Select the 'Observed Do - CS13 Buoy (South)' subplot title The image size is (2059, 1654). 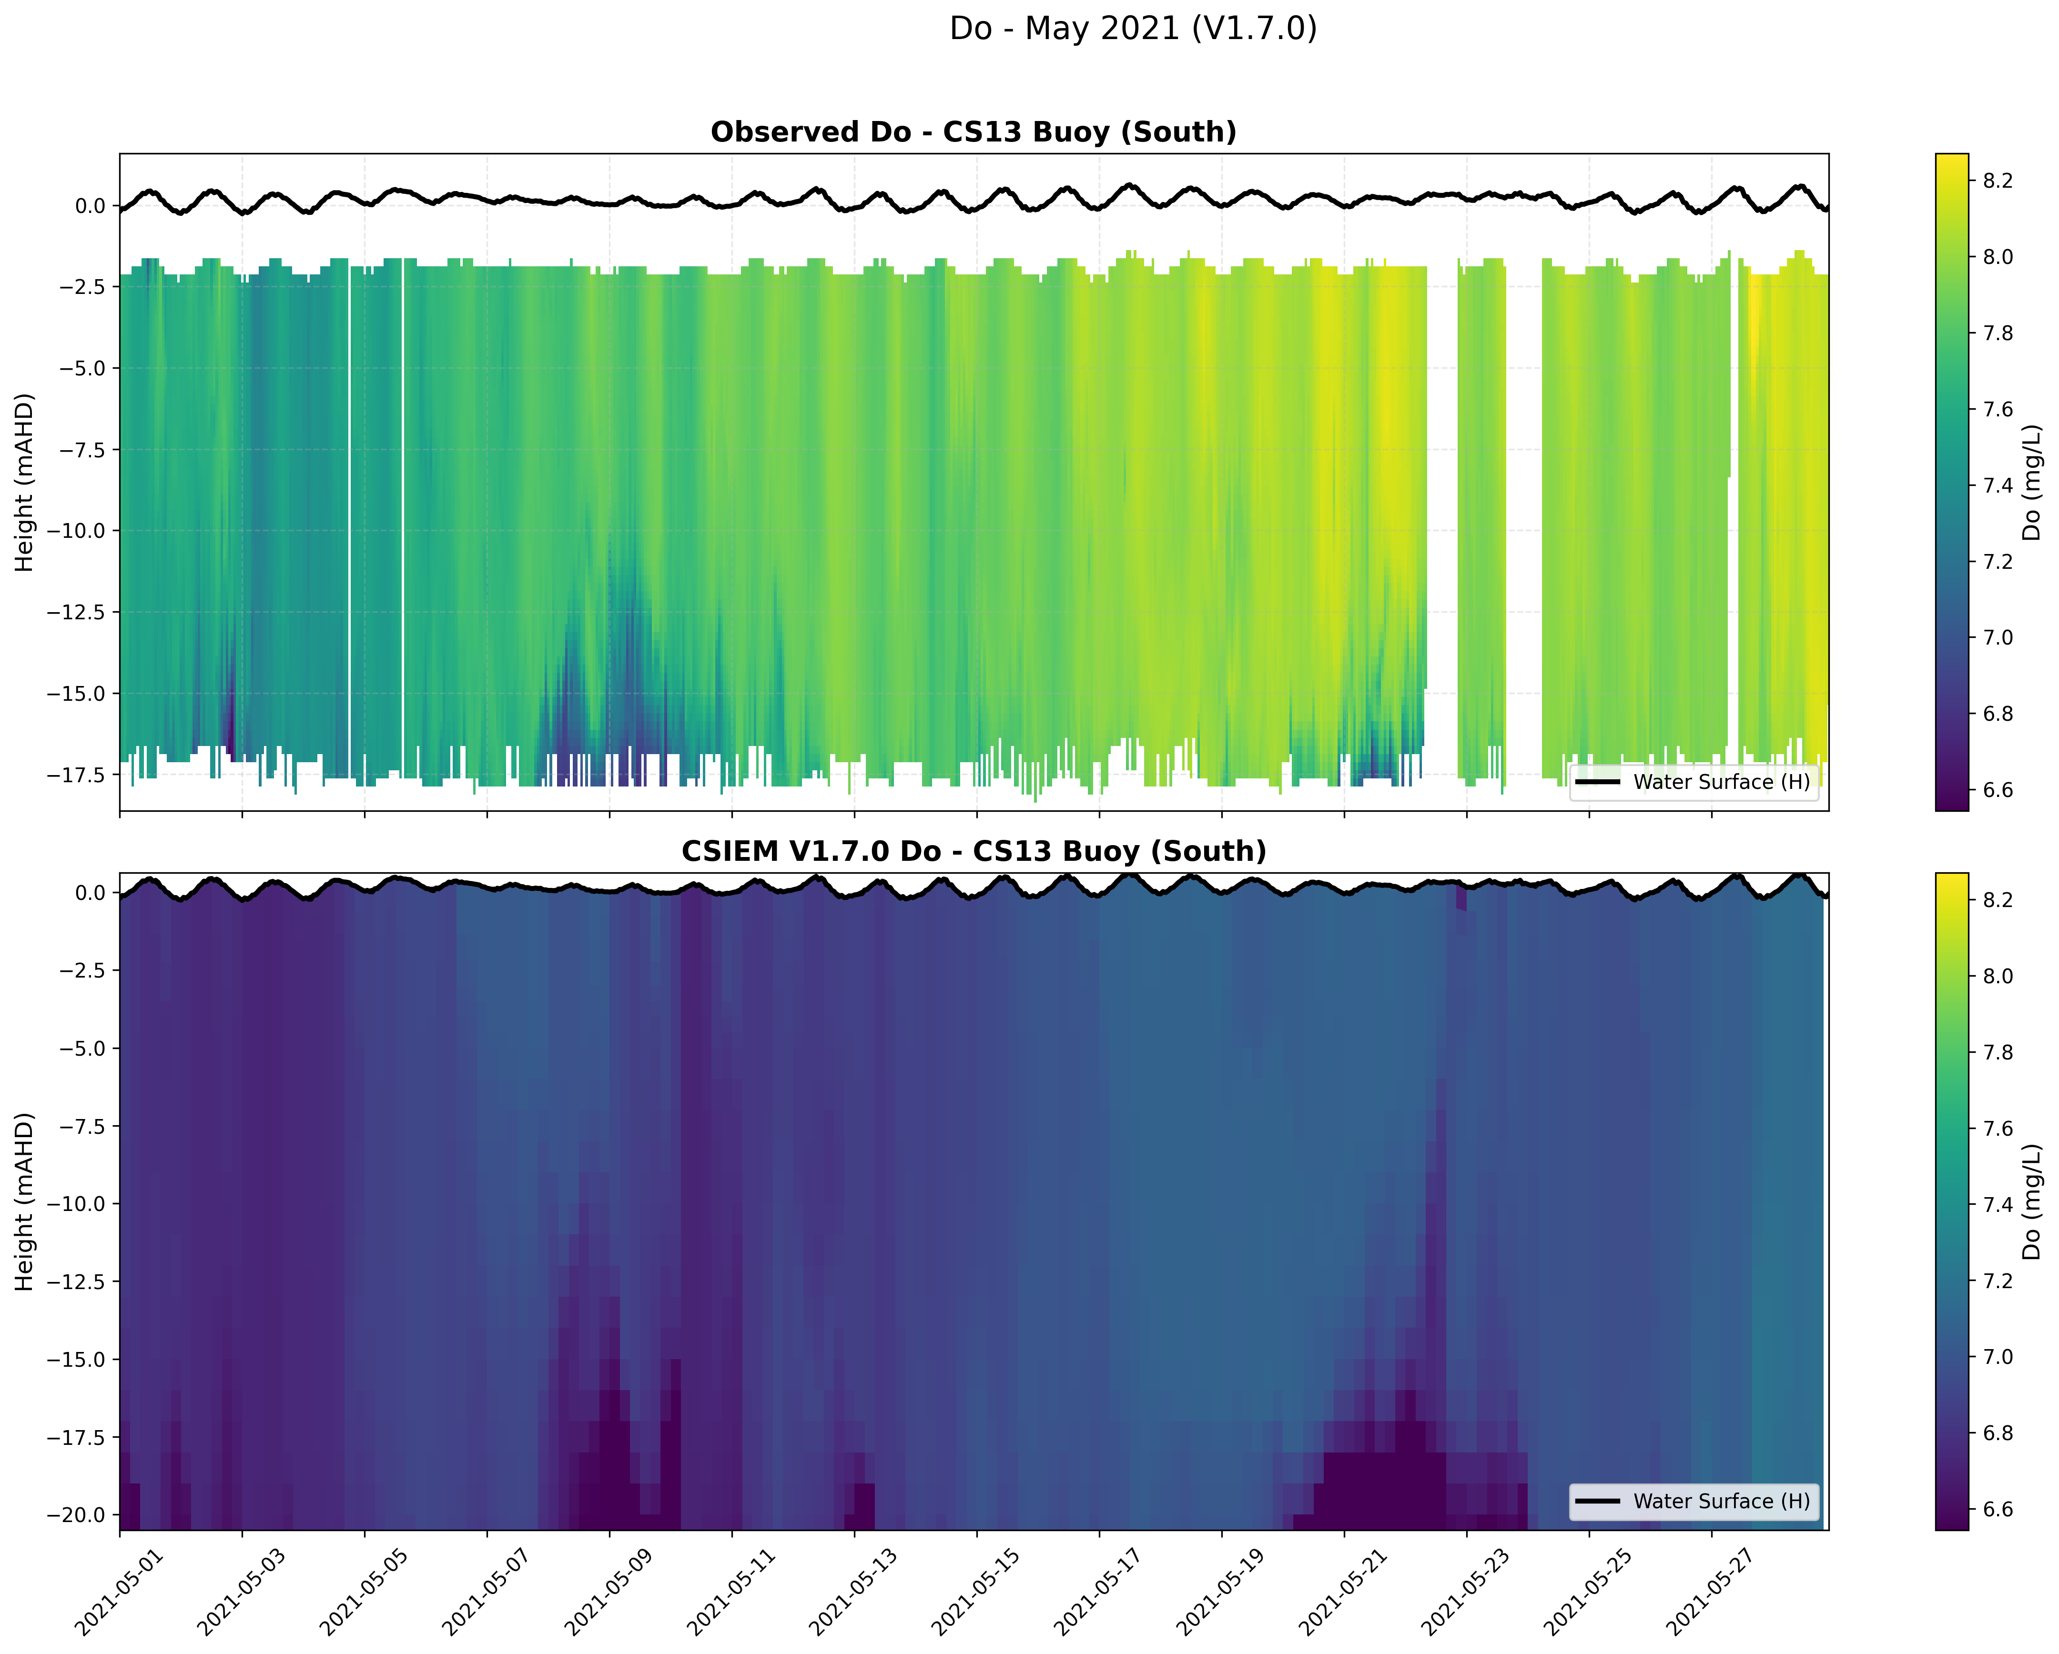coord(973,132)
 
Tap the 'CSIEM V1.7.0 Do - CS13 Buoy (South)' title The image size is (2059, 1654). coord(973,851)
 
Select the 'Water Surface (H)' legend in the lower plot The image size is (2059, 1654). coord(1694,1501)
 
